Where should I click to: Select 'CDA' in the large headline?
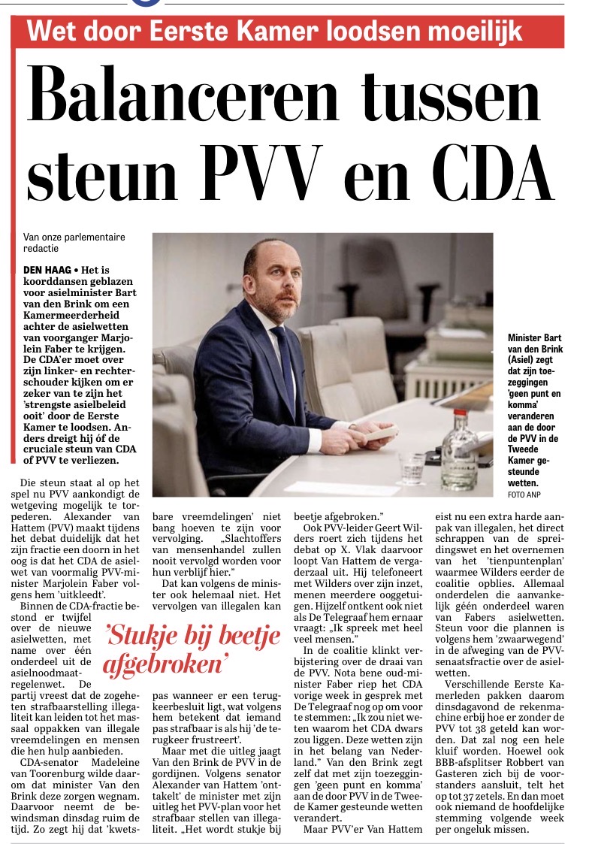pyautogui.click(x=498, y=173)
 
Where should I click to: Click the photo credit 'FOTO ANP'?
pyautogui.click(x=524, y=495)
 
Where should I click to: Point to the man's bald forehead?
pyautogui.click(x=265, y=254)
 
